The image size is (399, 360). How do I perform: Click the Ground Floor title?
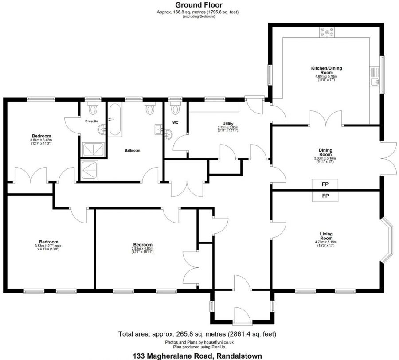point(199,5)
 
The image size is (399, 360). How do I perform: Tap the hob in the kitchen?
point(327,32)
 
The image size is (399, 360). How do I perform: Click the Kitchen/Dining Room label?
point(326,70)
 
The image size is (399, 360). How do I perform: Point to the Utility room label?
point(228,124)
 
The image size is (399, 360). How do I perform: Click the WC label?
point(175,122)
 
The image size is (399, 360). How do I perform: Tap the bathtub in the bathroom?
point(115,119)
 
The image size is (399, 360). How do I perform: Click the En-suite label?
point(92,121)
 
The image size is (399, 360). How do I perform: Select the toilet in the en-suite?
point(93,108)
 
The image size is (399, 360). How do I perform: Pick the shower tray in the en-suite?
point(93,149)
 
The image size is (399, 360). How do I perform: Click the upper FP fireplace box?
point(325,184)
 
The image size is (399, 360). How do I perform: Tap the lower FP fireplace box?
point(325,196)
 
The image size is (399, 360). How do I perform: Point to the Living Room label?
point(326,236)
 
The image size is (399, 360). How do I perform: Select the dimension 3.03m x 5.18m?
point(325,158)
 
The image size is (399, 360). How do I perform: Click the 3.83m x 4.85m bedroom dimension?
point(142,249)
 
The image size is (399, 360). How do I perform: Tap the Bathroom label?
point(132,151)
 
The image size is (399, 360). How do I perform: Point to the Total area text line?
point(197,334)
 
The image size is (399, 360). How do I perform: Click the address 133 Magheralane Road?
point(172,356)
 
